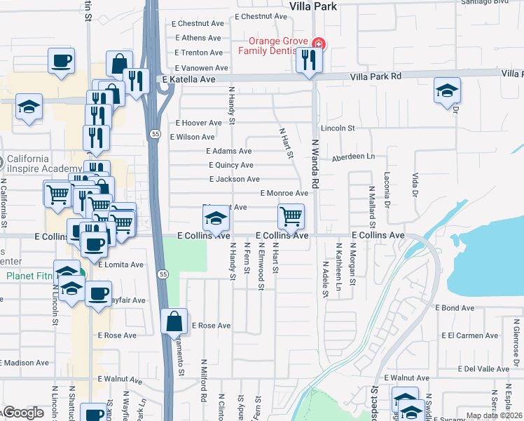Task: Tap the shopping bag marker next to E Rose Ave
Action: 174,321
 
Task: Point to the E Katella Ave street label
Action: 188,80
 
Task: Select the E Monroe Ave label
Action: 284,193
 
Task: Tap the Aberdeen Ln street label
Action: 353,157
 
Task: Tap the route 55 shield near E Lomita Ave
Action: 163,273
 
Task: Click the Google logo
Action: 22,413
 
